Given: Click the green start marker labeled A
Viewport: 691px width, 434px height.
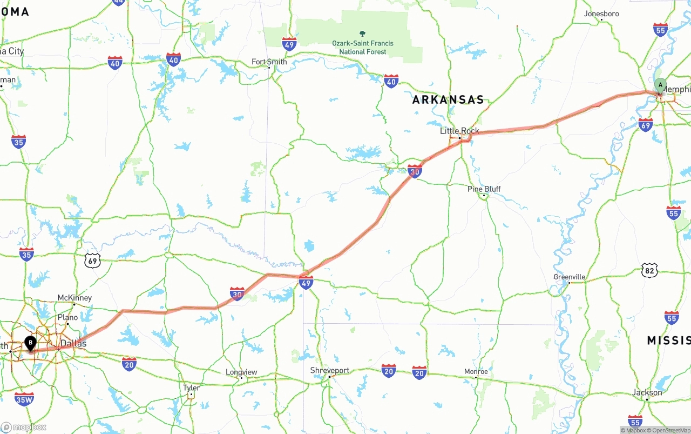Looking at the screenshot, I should (660, 85).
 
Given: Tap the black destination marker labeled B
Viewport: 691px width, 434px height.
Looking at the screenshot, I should (31, 343).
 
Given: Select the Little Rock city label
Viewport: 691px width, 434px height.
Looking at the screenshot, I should (459, 131).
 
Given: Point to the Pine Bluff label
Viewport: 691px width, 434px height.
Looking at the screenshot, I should (484, 189).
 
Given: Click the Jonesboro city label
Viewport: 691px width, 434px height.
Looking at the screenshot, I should (601, 14).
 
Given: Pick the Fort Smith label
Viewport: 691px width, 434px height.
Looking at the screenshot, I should (269, 62).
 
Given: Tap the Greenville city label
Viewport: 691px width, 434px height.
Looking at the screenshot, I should (569, 277).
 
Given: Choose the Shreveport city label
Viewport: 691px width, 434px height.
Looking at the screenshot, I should (329, 371).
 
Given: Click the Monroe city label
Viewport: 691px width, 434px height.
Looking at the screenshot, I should (476, 371).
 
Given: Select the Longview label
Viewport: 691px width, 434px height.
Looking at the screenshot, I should (241, 372).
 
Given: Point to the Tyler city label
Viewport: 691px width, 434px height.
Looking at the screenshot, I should (191, 388).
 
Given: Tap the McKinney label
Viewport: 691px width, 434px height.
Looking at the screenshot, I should (74, 298).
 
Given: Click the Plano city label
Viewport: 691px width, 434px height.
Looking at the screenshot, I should (67, 317).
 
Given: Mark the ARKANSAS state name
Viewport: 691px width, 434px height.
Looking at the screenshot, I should (448, 100).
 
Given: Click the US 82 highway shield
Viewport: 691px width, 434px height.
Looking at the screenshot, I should (649, 270).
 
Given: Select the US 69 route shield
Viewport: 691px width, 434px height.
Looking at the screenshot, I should (93, 261).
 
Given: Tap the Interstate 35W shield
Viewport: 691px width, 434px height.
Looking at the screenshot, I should (24, 399).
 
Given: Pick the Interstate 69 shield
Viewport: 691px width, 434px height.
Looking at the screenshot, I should (645, 125).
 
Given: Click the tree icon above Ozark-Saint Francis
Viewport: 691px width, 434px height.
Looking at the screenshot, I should (362, 33).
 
